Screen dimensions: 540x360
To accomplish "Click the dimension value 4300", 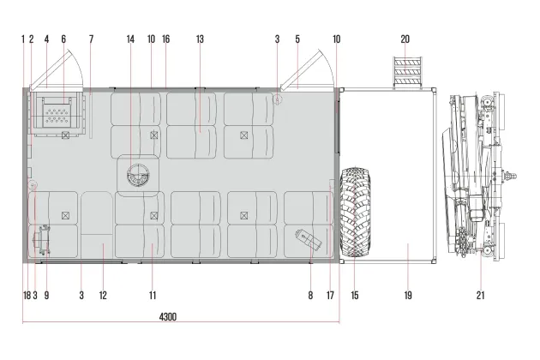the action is pyautogui.click(x=168, y=316).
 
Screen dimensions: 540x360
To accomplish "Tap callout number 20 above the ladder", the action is pyautogui.click(x=405, y=39).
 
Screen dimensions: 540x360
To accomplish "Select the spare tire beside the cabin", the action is pyautogui.click(x=356, y=213).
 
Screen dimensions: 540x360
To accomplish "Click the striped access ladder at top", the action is pyautogui.click(x=408, y=72).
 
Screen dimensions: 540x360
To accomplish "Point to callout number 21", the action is pyautogui.click(x=480, y=295).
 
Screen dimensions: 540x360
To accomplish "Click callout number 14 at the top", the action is pyautogui.click(x=130, y=39).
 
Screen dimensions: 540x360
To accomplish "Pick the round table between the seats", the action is pyautogui.click(x=138, y=175).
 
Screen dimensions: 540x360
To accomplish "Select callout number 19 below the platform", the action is pyautogui.click(x=408, y=295).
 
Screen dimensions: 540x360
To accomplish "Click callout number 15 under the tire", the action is pyautogui.click(x=355, y=295).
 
